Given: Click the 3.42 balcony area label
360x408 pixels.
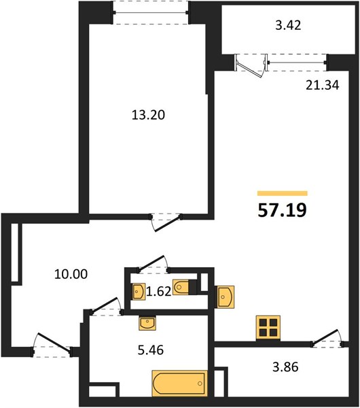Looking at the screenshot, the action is click(288, 26).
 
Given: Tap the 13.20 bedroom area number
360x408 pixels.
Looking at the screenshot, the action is click(148, 115).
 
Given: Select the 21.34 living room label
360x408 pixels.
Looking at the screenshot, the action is click(323, 85).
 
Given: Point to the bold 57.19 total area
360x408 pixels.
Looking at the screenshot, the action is click(283, 210).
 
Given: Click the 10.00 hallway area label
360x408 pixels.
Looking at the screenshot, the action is click(71, 274).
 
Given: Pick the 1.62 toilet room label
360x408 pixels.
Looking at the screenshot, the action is click(158, 291).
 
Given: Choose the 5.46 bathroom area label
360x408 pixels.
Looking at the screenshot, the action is click(151, 350).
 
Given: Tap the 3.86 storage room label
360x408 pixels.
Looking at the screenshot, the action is click(285, 367).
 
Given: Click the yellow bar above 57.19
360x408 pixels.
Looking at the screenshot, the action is click(283, 193).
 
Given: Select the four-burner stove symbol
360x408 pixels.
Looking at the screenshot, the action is click(268, 328).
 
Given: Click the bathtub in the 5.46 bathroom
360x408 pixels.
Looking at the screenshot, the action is click(179, 384).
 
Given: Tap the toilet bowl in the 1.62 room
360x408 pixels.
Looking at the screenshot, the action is click(181, 287).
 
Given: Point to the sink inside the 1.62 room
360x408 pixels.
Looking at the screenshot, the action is click(139, 292).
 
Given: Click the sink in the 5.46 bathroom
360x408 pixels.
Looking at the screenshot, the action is click(147, 324).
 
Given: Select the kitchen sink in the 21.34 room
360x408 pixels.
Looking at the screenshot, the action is click(226, 296).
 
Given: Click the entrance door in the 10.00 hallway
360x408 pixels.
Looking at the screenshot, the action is click(52, 345).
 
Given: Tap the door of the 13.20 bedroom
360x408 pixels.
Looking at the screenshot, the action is click(166, 221).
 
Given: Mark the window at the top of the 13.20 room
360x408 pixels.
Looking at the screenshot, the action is click(151, 12).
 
